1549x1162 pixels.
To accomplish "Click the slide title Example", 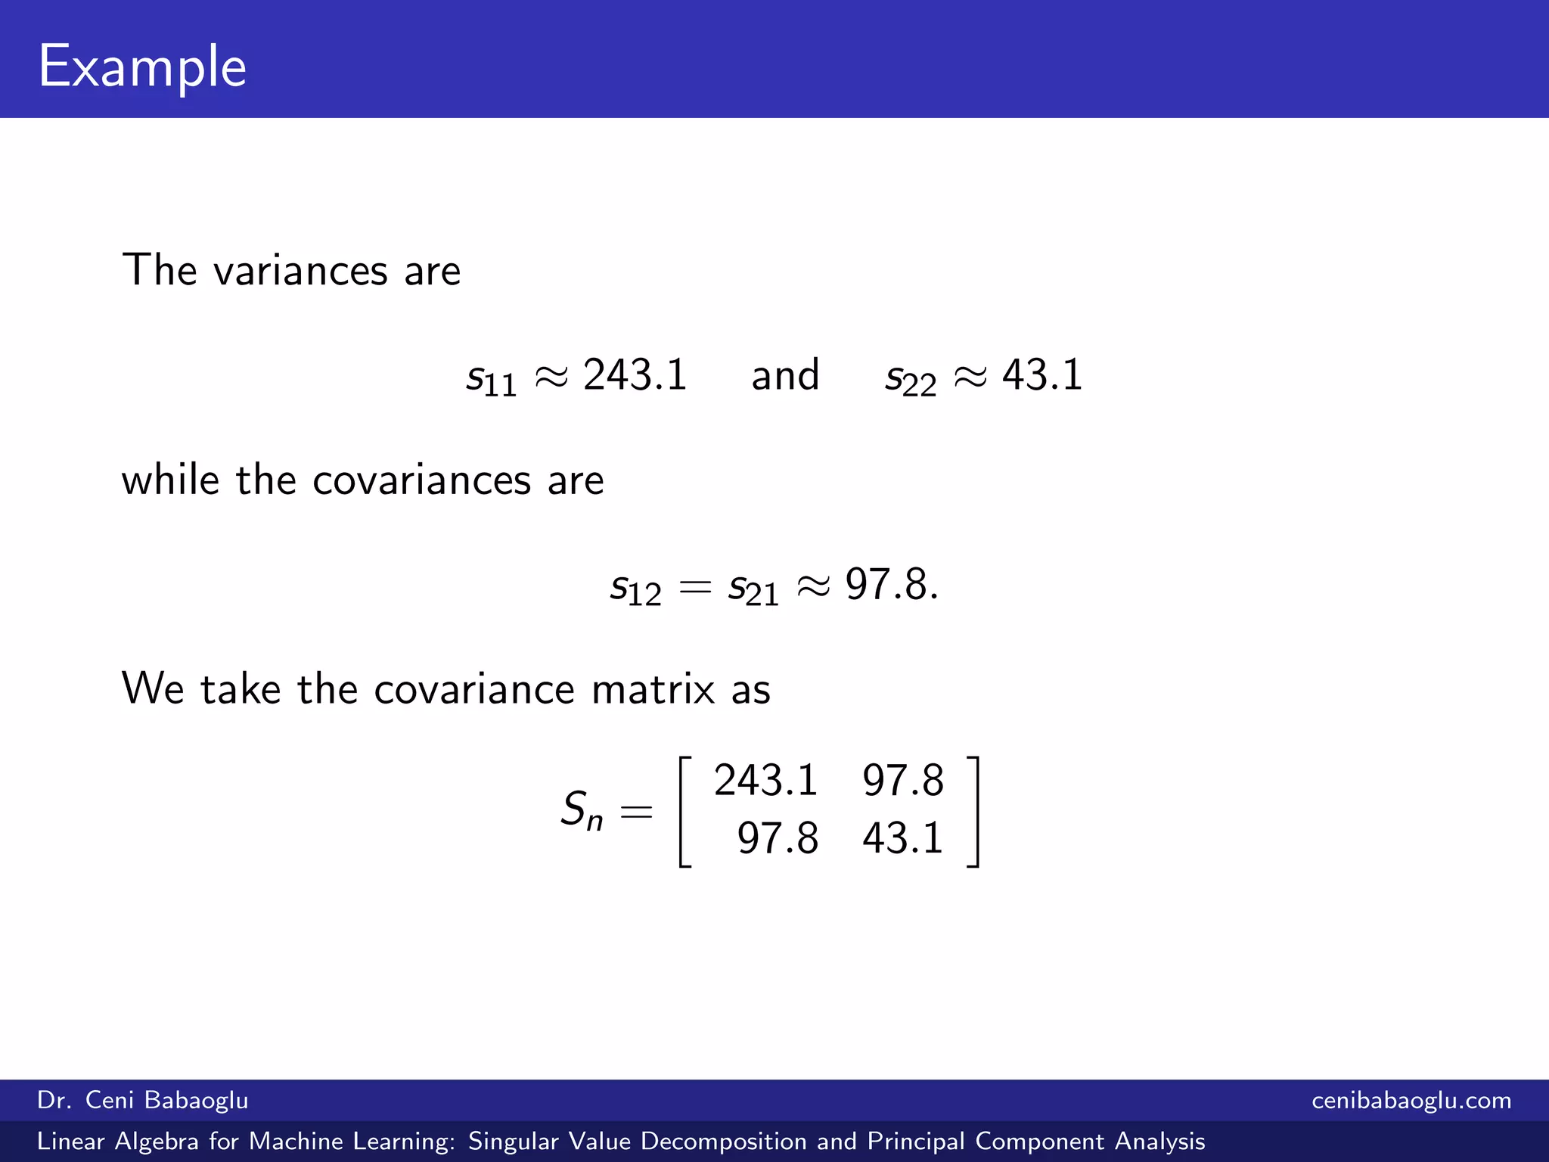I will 142,67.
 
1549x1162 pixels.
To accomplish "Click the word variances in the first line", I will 300,271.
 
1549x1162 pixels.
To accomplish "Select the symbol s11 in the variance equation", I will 491,378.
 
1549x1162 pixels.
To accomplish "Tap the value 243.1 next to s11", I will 635,375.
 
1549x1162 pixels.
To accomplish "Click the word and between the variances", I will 785,375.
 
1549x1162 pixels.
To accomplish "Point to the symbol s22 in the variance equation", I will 911,378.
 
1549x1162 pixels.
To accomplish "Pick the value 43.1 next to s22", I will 1042,375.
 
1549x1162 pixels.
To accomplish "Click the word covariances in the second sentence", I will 421,480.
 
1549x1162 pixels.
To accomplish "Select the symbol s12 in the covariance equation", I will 635,589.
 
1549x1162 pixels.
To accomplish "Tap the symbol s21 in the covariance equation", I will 753,589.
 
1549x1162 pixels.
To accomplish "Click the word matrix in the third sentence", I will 653,689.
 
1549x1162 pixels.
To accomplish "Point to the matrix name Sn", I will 582,809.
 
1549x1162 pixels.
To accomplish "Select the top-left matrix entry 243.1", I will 765,780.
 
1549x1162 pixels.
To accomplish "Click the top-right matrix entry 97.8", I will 903,780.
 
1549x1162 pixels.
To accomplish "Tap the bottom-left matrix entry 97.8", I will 778,838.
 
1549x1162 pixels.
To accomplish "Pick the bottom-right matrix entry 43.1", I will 903,838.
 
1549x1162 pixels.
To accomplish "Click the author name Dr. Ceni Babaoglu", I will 143,1100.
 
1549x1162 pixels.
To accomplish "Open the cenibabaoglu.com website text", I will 1411,1100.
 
